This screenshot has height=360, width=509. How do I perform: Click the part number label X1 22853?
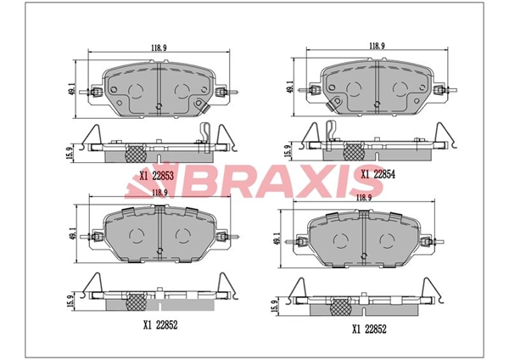click(158, 176)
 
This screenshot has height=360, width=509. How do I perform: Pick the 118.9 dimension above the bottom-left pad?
click(159, 194)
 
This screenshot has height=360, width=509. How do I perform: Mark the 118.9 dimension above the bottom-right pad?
click(365, 197)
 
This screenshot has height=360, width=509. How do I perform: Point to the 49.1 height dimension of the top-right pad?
click(290, 86)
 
